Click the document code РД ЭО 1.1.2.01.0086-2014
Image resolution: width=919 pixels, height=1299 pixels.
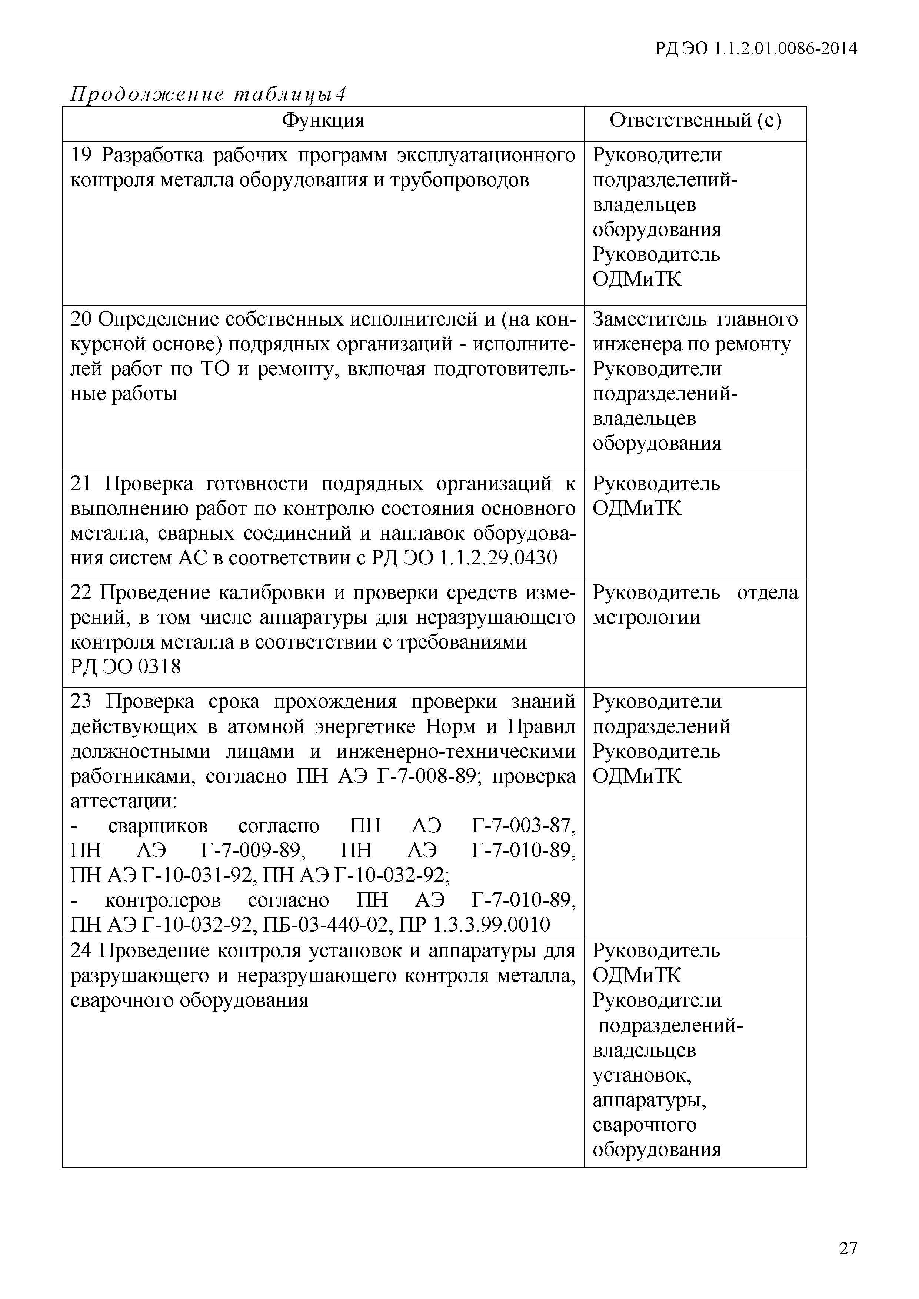(756, 49)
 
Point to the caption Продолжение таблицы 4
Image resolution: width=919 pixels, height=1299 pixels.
(207, 94)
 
